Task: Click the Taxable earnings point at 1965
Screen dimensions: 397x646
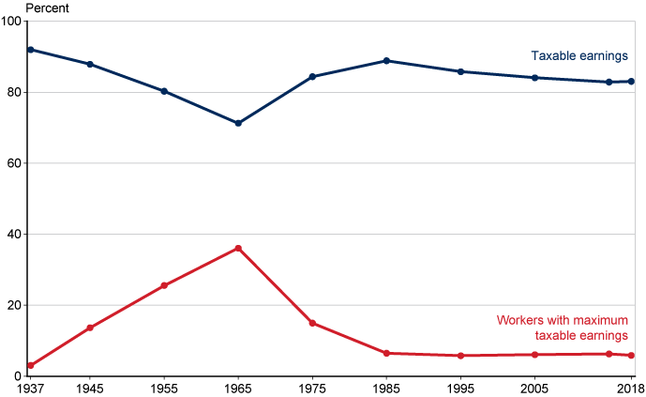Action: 238,123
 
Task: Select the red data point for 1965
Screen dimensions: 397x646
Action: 238,248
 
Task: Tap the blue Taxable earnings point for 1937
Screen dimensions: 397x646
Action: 31,50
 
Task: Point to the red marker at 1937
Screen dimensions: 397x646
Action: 31,365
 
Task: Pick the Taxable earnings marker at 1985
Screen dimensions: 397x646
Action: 386,61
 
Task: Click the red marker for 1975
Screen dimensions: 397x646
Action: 312,323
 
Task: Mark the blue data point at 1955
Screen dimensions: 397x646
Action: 164,91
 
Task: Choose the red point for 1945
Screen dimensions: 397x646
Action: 90,328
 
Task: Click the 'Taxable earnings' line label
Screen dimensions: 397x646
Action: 578,55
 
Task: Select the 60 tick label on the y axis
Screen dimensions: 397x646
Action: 16,163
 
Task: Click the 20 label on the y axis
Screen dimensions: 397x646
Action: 16,305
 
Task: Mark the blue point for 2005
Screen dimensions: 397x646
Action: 534,78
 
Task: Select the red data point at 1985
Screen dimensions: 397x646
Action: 386,353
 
